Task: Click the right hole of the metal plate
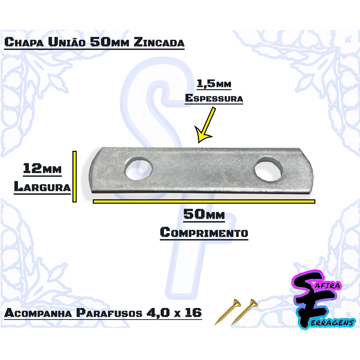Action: (269, 169)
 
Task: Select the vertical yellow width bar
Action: (75, 176)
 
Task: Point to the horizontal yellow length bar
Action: (204, 201)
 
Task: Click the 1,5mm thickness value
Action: (214, 84)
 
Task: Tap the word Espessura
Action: (214, 98)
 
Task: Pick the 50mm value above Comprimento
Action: (204, 214)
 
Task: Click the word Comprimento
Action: (204, 232)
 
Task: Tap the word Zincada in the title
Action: (159, 42)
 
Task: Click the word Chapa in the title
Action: (24, 42)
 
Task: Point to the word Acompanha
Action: (38, 313)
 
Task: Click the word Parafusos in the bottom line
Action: (109, 313)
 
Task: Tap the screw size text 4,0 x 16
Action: (174, 313)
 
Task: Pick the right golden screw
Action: (244, 312)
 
